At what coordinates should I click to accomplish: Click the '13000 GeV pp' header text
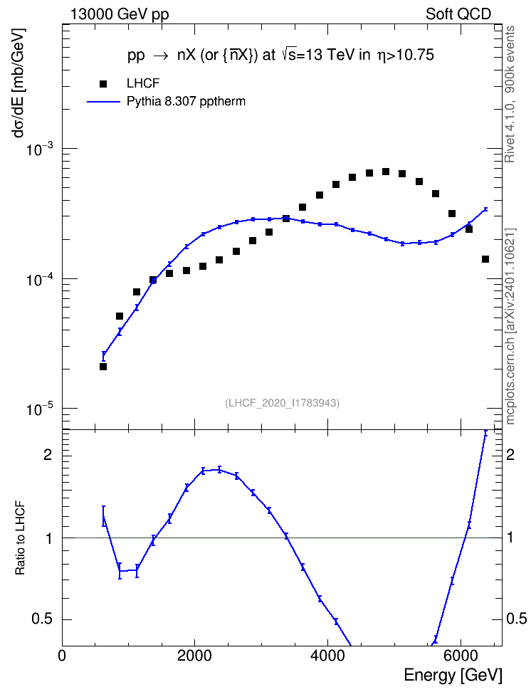point(120,14)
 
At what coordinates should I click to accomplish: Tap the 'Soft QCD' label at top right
point(458,14)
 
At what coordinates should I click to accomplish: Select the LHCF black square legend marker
point(103,84)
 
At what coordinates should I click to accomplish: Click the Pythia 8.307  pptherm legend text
point(186,102)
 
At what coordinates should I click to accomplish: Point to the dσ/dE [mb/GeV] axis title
point(19,84)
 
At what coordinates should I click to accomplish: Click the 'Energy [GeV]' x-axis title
point(453,675)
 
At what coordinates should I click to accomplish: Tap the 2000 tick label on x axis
point(194,656)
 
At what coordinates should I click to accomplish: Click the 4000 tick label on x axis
point(327,656)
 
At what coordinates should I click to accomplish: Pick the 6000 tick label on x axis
point(461,656)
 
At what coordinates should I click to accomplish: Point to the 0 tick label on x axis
point(62,656)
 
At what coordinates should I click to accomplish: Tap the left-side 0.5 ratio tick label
point(42,619)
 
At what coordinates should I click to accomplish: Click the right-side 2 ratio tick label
point(510,454)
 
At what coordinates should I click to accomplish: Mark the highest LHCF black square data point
point(386,172)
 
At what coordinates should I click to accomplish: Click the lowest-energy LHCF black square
point(103,367)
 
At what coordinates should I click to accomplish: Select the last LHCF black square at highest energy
point(485,259)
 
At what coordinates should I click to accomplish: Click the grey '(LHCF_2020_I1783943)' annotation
point(283,403)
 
